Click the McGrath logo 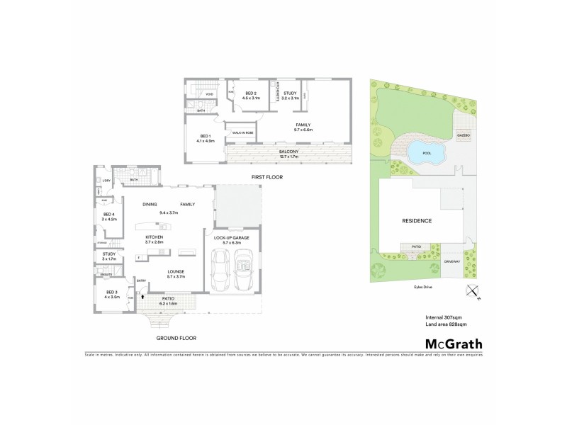[453, 344]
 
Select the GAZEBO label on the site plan [464, 134]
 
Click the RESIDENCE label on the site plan [417, 220]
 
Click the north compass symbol [472, 291]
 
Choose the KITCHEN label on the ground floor [155, 237]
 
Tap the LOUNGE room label [176, 272]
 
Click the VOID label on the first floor [210, 94]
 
